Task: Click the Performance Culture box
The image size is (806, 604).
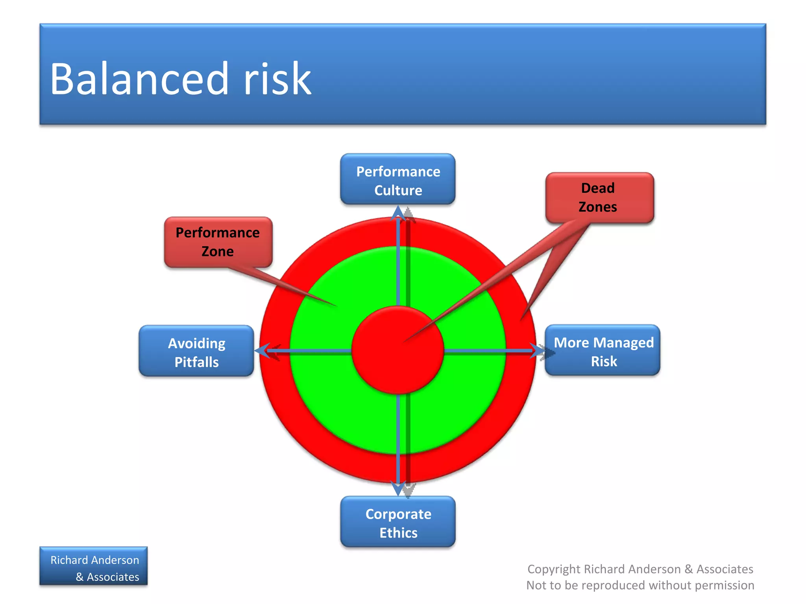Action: coord(397,179)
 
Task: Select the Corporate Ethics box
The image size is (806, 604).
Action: coord(397,522)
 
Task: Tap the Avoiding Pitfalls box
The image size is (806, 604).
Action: coord(196,351)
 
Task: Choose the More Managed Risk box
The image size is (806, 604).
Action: coord(603,350)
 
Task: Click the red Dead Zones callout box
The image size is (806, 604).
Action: coord(599,197)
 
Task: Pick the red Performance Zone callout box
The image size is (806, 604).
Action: coord(218,242)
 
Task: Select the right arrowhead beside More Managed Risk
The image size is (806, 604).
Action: coord(537,350)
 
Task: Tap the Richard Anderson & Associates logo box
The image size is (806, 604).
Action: coord(94,566)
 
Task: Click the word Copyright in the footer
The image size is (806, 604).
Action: coord(554,569)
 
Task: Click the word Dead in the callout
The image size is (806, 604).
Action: coord(597,188)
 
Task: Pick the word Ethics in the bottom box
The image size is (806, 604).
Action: coord(398,533)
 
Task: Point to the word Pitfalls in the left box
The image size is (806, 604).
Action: coord(196,362)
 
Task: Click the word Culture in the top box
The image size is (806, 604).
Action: coord(398,190)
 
